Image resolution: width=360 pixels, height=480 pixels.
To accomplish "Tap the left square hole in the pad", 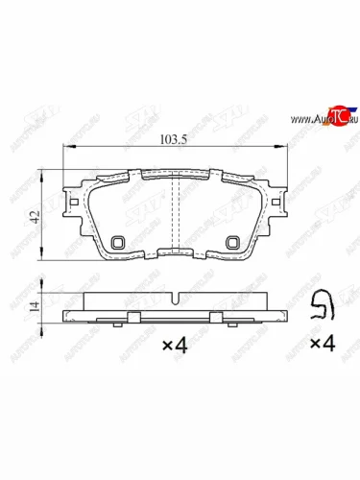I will (x=117, y=243).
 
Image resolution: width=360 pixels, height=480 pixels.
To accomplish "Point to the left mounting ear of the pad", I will (x=69, y=204).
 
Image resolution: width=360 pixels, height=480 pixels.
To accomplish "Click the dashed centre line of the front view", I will (x=181, y=216).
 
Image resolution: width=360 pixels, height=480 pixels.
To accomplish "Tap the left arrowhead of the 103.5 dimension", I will (x=66, y=147).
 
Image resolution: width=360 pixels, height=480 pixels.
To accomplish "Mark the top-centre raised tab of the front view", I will (x=175, y=175).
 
